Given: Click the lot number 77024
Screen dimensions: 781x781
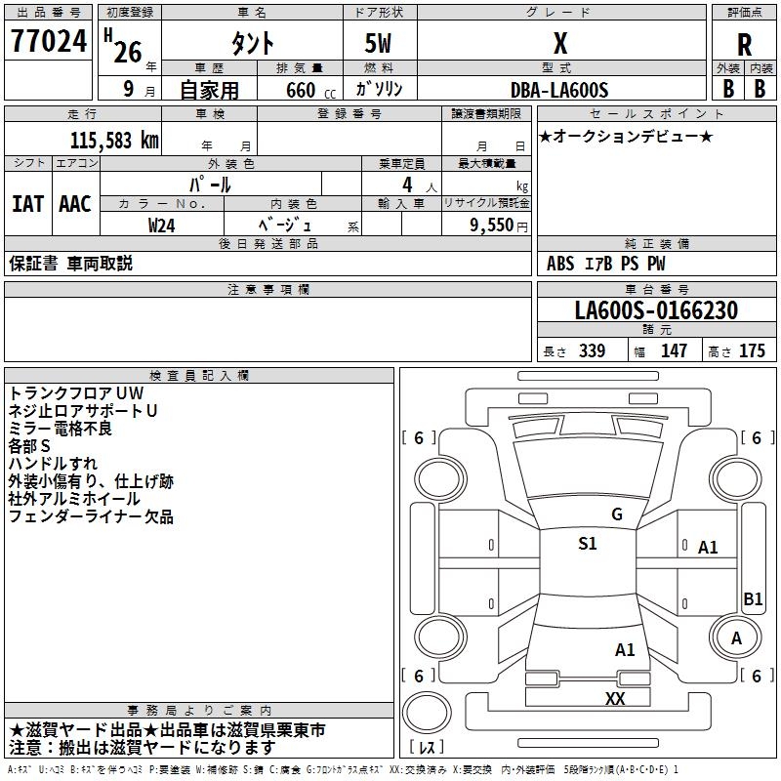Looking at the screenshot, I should (x=48, y=42).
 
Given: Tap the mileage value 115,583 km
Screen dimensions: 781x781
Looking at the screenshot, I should (x=113, y=140).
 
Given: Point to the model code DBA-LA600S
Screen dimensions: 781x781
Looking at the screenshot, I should (x=559, y=90).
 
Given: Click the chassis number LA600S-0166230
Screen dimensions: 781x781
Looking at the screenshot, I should (x=655, y=310).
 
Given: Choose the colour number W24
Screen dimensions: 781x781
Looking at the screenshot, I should (x=162, y=225).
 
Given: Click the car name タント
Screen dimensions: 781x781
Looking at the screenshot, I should (x=252, y=44).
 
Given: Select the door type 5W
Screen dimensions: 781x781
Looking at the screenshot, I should (x=380, y=44).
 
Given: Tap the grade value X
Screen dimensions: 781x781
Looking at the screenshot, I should (x=560, y=44).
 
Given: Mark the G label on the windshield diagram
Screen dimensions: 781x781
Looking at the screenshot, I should (x=616, y=514).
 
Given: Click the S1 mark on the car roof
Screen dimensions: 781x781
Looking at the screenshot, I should (x=587, y=544).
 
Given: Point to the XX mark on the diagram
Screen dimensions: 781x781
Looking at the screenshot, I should (x=614, y=698).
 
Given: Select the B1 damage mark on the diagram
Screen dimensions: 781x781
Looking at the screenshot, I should (x=753, y=599).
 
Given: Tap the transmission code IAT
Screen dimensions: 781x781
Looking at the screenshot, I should (x=27, y=204).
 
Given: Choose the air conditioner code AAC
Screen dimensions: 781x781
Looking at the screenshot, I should (x=75, y=204).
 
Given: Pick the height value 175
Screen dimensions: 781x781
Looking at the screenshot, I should (x=752, y=351).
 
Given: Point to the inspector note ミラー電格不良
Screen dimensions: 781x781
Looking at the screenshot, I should (x=60, y=429).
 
